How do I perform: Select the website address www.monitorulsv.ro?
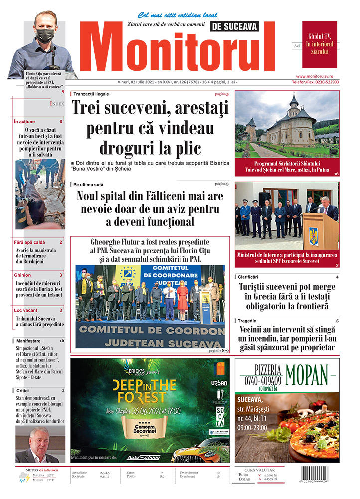coord(321,76)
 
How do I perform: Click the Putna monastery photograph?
coord(287,124)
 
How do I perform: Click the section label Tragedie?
coord(250,320)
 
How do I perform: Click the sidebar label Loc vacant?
coord(26,310)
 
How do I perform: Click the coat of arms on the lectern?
coord(313,235)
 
